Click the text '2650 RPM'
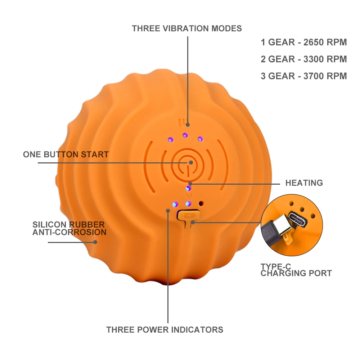325,42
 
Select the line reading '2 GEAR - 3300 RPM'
304,59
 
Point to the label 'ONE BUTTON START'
66,155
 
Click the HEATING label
304,183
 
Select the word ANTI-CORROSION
69,233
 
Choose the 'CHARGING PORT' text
296,274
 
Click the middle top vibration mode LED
185,135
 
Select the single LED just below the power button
188,188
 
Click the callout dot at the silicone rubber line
95,242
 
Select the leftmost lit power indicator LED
175,204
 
